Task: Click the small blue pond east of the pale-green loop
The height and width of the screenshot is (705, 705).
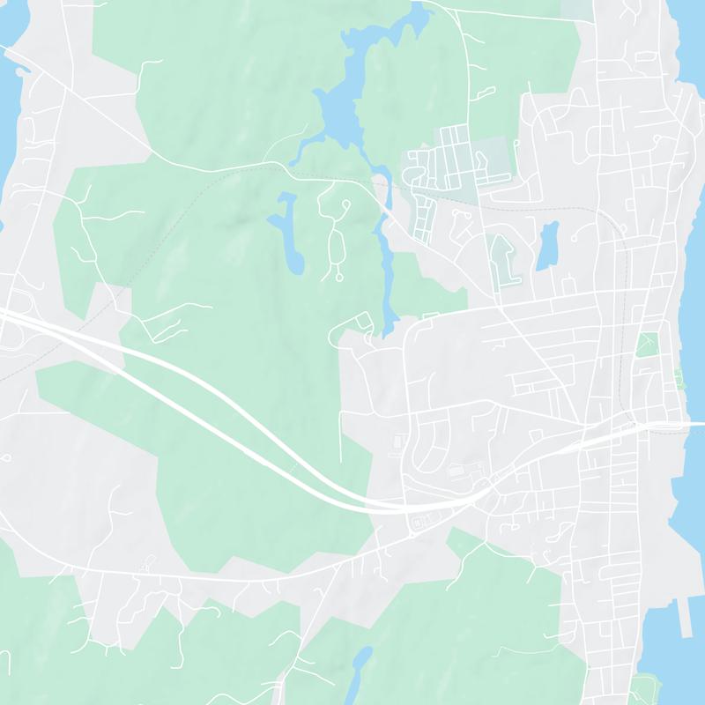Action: [x=547, y=244]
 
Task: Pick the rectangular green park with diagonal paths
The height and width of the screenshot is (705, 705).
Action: [x=648, y=345]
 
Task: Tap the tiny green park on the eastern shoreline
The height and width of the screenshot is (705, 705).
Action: [x=679, y=378]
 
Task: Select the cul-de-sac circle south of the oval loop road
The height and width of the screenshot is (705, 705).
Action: [x=339, y=277]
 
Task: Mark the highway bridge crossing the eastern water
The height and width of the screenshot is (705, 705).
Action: [x=679, y=425]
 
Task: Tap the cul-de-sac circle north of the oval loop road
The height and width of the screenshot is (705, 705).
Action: [x=345, y=204]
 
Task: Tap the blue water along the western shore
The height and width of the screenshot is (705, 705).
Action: [x=9, y=132]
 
